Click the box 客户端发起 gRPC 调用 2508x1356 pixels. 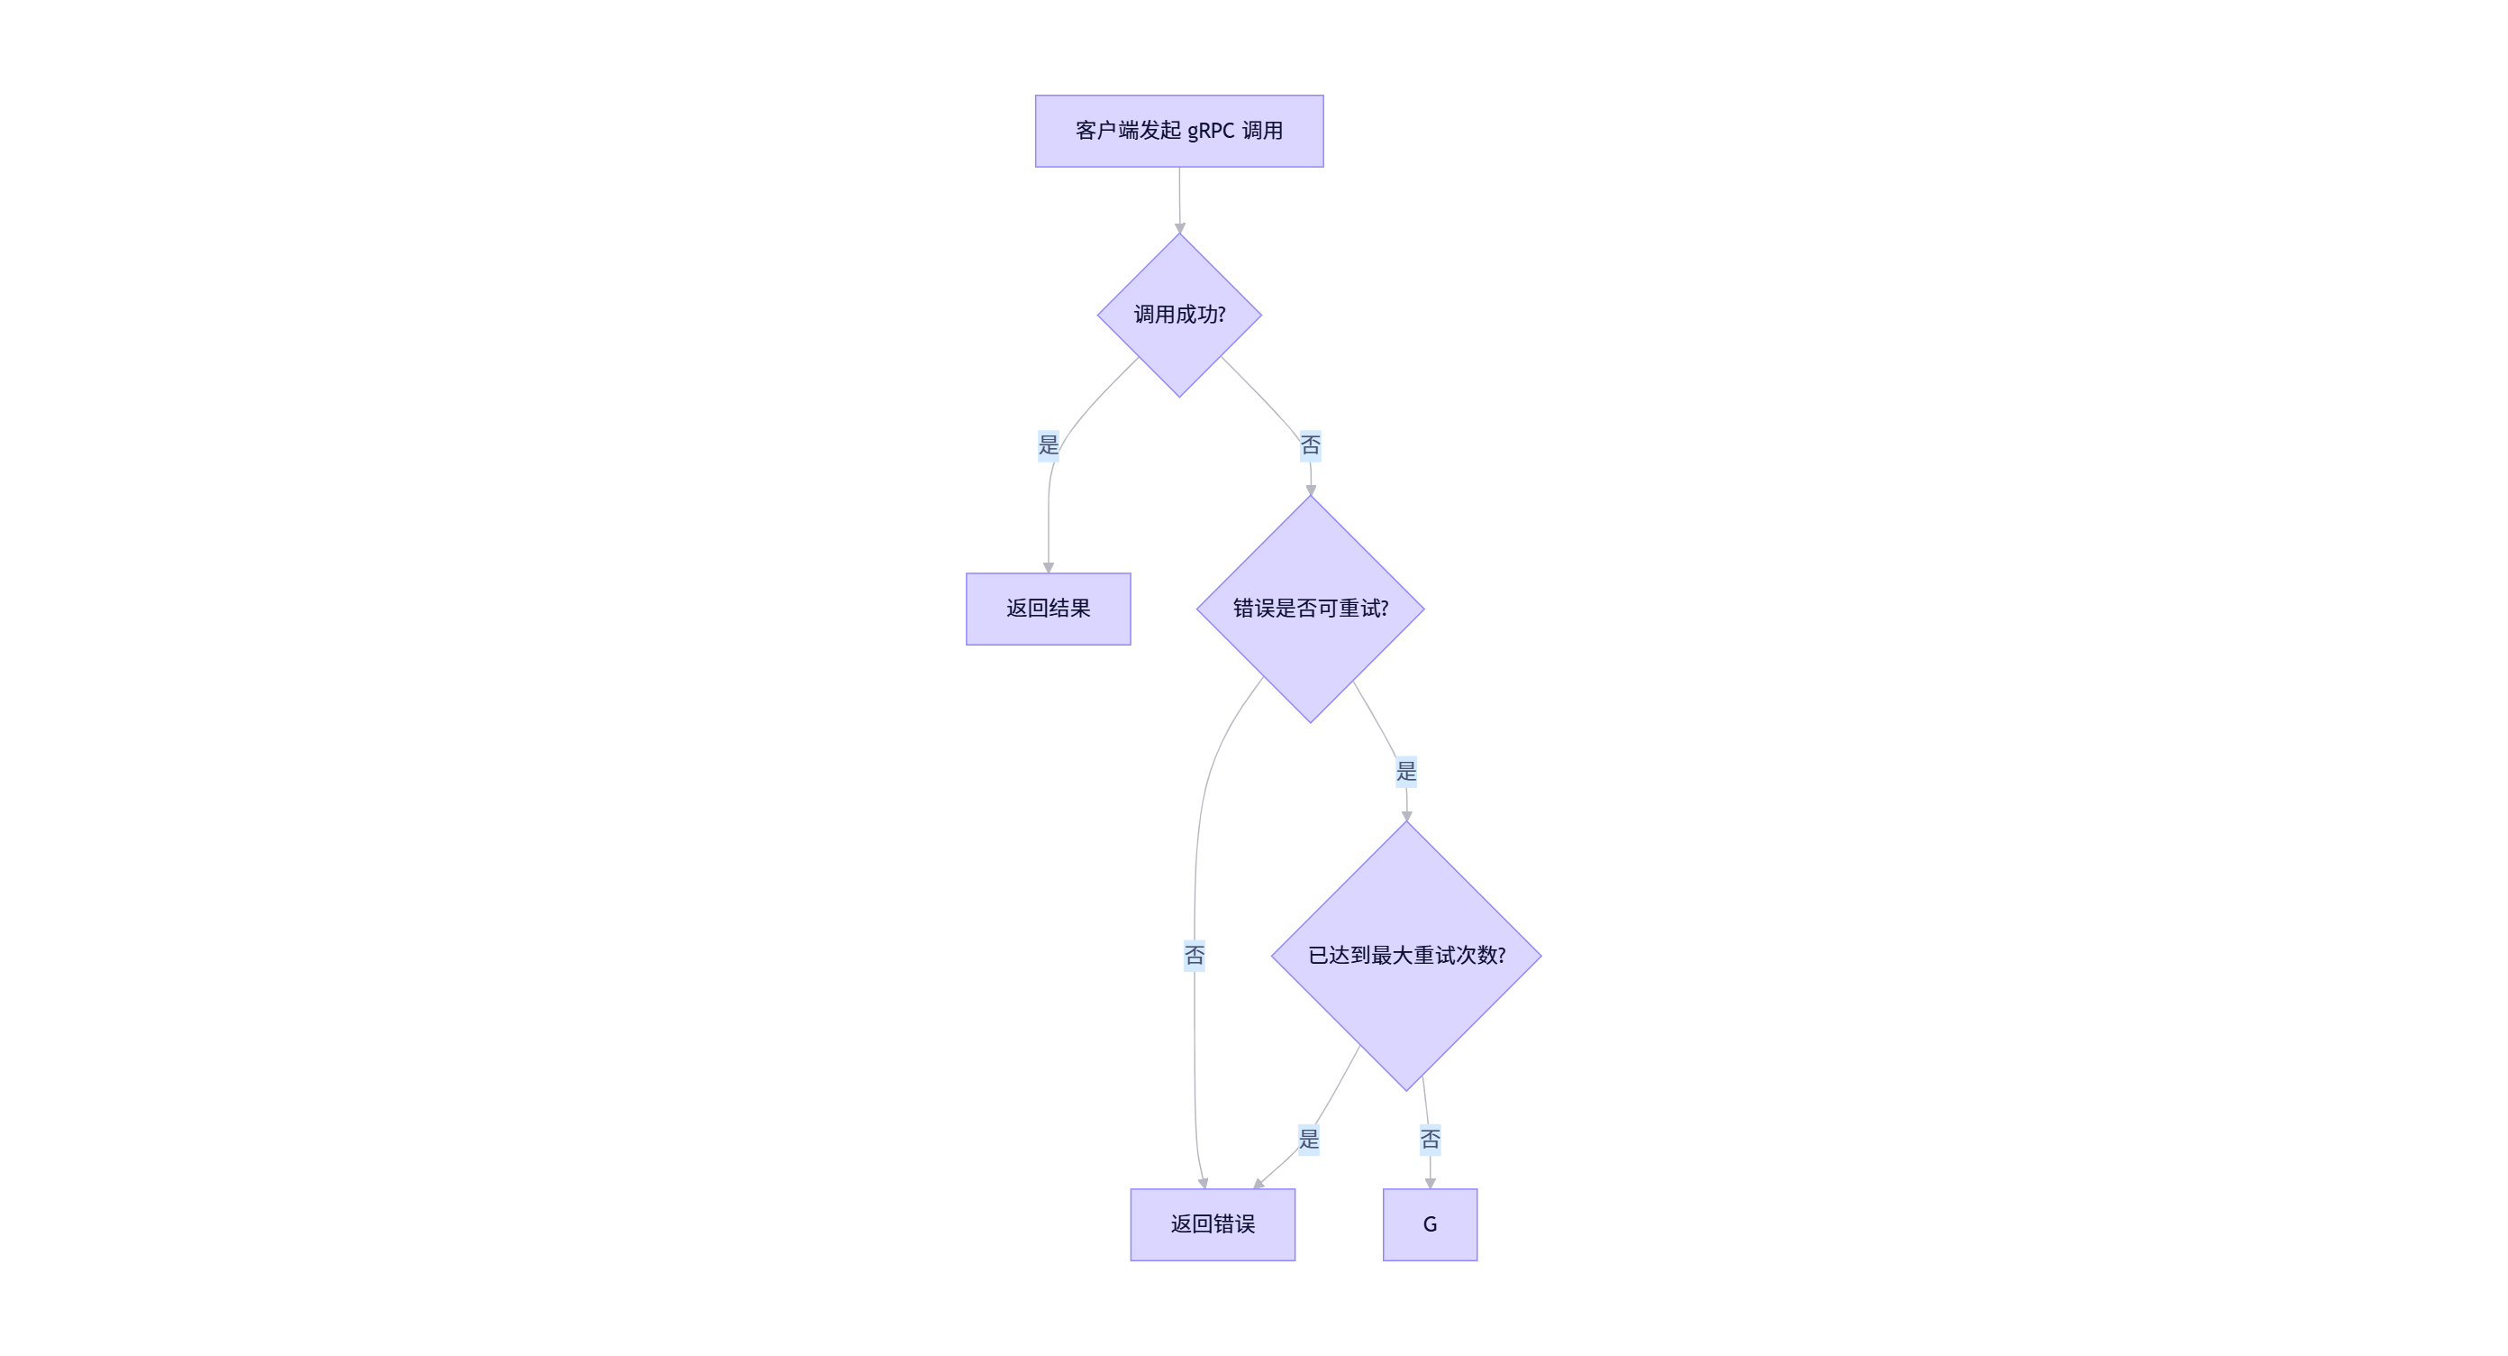[1179, 131]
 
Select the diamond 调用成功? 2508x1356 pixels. [1179, 315]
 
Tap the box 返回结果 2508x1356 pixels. [1048, 609]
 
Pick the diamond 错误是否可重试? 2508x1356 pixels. [1311, 609]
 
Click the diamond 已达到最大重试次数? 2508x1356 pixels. [1406, 956]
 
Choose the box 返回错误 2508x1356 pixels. [1213, 1224]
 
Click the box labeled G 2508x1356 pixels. [1430, 1224]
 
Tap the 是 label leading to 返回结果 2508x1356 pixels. [1048, 445]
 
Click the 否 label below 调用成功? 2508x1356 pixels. [1311, 446]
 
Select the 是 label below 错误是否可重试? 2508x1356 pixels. [1406, 772]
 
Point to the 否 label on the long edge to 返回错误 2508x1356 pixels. [1195, 956]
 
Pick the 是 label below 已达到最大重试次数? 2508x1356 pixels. [1309, 1139]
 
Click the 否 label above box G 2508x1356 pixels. [1430, 1139]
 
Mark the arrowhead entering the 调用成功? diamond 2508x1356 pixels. [1180, 228]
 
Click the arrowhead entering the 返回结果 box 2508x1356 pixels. [1049, 567]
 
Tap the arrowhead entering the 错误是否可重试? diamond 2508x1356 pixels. [1311, 490]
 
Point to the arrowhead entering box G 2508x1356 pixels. [1431, 1183]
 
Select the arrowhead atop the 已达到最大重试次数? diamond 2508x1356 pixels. [1407, 815]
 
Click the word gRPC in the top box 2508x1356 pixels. [1210, 131]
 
